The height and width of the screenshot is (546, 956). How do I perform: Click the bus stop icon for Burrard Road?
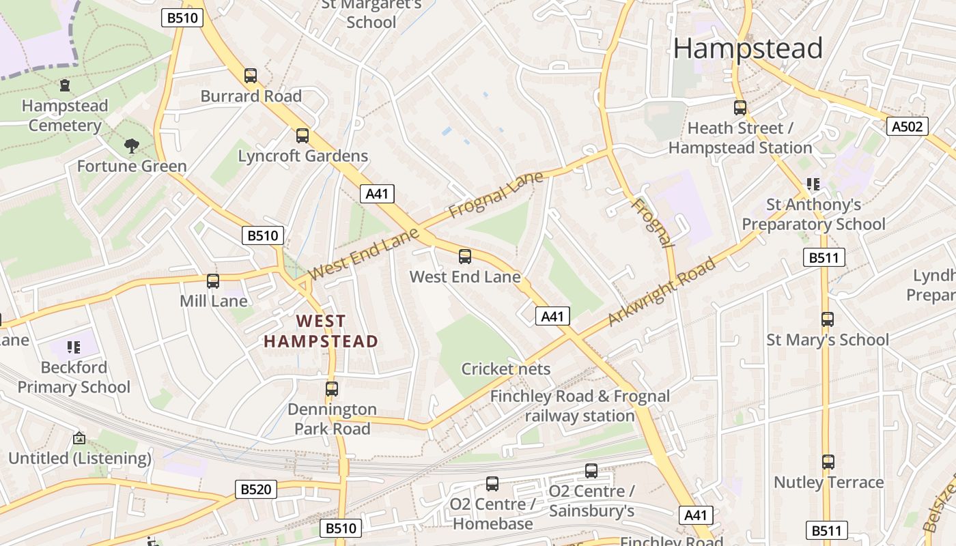pyautogui.click(x=251, y=76)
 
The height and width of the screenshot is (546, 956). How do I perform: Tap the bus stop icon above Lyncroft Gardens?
pyautogui.click(x=303, y=136)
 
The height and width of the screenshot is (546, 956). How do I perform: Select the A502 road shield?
pyautogui.click(x=908, y=126)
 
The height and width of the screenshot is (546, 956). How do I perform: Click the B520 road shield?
pyautogui.click(x=256, y=489)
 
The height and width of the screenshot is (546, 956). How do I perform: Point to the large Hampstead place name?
pyautogui.click(x=748, y=48)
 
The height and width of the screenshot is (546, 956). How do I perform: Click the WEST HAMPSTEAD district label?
pyautogui.click(x=321, y=331)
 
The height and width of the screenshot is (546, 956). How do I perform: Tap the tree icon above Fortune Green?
pyautogui.click(x=131, y=145)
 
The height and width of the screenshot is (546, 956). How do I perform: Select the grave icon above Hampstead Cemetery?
pyautogui.click(x=65, y=85)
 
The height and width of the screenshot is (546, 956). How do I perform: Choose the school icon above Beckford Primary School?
pyautogui.click(x=74, y=347)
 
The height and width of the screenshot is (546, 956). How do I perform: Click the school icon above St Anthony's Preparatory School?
pyautogui.click(x=813, y=184)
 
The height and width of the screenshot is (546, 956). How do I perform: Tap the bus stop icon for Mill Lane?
pyautogui.click(x=213, y=281)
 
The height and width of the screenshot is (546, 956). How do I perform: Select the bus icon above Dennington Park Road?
pyautogui.click(x=332, y=389)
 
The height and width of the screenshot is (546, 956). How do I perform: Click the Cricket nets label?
pyautogui.click(x=505, y=369)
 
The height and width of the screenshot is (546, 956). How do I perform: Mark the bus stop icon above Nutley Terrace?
pyautogui.click(x=828, y=462)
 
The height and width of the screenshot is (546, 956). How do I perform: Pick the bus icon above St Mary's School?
pyautogui.click(x=828, y=319)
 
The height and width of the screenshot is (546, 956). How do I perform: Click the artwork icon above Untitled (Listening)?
pyautogui.click(x=79, y=438)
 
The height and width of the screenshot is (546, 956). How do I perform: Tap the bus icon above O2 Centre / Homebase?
pyautogui.click(x=492, y=484)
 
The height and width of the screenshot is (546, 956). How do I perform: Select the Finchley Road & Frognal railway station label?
pyautogui.click(x=580, y=406)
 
